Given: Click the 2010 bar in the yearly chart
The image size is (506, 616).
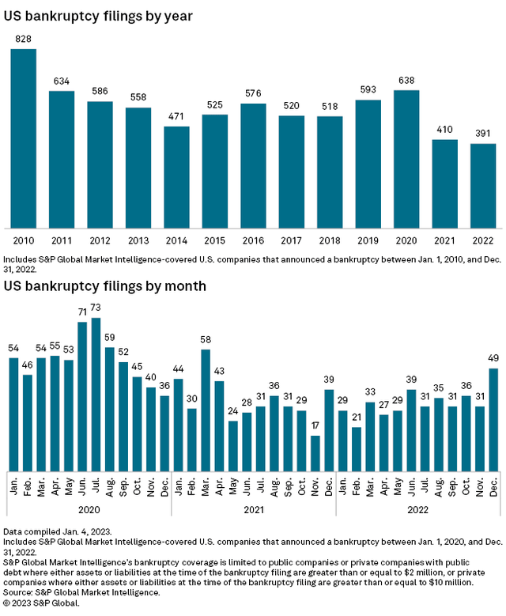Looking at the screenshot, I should tap(23, 138).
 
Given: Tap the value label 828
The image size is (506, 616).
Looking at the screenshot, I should tap(23, 39).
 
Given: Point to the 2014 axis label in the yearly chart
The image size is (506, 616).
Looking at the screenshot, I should tap(177, 238).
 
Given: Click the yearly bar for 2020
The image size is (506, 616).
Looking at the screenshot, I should tap(407, 158).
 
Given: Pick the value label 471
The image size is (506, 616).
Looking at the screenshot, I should tap(177, 115).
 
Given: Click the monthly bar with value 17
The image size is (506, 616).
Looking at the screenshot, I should tap(315, 452).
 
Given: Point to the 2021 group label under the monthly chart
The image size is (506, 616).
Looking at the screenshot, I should tap(254, 510).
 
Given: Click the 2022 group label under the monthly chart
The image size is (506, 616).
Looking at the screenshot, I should tap(418, 510).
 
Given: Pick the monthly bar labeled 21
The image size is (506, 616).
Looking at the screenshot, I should tap(357, 448).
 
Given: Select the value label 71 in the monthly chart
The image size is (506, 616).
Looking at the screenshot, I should tap(82, 312).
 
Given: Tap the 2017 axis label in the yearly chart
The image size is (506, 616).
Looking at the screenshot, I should tap(292, 238).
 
